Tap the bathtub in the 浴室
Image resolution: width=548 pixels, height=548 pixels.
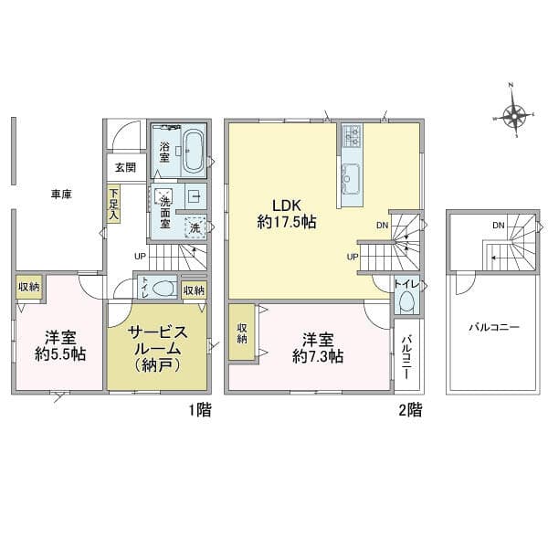pos(193,151)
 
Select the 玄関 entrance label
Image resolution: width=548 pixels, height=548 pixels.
pos(125,168)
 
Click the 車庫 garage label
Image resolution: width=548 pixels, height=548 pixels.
pos(61,195)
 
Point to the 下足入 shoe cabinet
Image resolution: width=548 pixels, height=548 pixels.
pos(113,204)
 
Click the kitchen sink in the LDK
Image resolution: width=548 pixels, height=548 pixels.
pos(352,178)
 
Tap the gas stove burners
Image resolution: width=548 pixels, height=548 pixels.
pos(352,136)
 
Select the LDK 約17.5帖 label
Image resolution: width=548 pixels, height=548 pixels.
pos(287,214)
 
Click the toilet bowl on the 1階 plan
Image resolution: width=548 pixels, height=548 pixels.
pos(163,289)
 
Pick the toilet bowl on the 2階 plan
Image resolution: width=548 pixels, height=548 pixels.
pos(406,300)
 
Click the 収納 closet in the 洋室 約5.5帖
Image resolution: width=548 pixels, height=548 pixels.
pos(29,288)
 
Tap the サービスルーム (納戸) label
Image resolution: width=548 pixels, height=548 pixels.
pos(157,348)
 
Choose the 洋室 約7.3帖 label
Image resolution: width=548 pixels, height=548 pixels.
pos(318,348)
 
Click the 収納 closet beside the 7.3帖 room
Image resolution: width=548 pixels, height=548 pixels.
pos(242,332)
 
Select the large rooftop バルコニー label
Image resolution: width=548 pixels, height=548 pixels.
pos(494,328)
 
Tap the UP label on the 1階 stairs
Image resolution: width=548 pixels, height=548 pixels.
pos(140,256)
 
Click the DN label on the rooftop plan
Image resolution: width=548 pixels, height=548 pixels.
pos(499,226)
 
